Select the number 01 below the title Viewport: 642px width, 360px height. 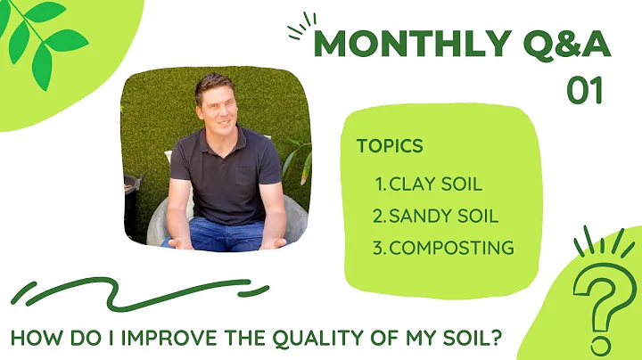586,90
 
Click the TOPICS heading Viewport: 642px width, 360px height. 390,146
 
